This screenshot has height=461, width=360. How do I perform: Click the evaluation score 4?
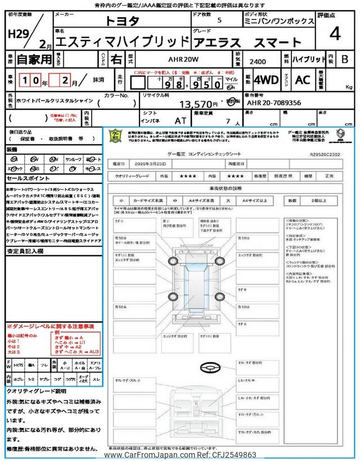click(x=335, y=34)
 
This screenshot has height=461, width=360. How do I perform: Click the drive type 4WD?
click(x=266, y=79)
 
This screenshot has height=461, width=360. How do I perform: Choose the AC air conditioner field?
click(x=302, y=79)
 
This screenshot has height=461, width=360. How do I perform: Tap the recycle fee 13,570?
click(x=197, y=104)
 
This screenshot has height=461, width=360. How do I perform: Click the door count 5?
click(x=219, y=20)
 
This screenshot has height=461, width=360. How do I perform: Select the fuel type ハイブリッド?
click(x=309, y=59)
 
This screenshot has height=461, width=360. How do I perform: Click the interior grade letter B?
click(x=345, y=59)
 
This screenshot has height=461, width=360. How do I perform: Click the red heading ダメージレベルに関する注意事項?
click(x=51, y=326)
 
